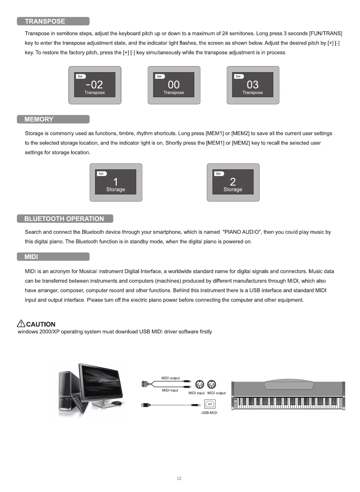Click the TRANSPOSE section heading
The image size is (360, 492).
pyautogui.click(x=45, y=21)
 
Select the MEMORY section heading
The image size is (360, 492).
pyautogui.click(x=39, y=119)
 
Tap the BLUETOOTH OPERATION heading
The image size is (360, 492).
pyautogui.click(x=64, y=219)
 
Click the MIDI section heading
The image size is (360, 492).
pyautogui.click(x=31, y=257)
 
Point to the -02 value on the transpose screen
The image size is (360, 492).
pyautogui.click(x=94, y=85)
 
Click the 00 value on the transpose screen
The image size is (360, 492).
pyautogui.click(x=174, y=85)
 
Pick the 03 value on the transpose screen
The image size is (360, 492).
pyautogui.click(x=253, y=85)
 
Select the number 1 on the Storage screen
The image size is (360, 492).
pyautogui.click(x=116, y=182)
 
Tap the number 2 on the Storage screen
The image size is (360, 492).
pyautogui.click(x=233, y=182)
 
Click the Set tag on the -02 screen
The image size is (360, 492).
pyautogui.click(x=80, y=76)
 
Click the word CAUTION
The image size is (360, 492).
pyautogui.click(x=41, y=324)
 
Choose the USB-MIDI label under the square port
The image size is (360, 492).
pyautogui.click(x=209, y=413)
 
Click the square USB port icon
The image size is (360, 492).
pyautogui.click(x=210, y=404)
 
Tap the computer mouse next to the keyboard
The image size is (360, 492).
pyautogui.click(x=116, y=403)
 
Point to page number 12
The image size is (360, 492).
pyautogui.click(x=179, y=478)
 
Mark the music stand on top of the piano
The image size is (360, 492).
pyautogui.click(x=288, y=385)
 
